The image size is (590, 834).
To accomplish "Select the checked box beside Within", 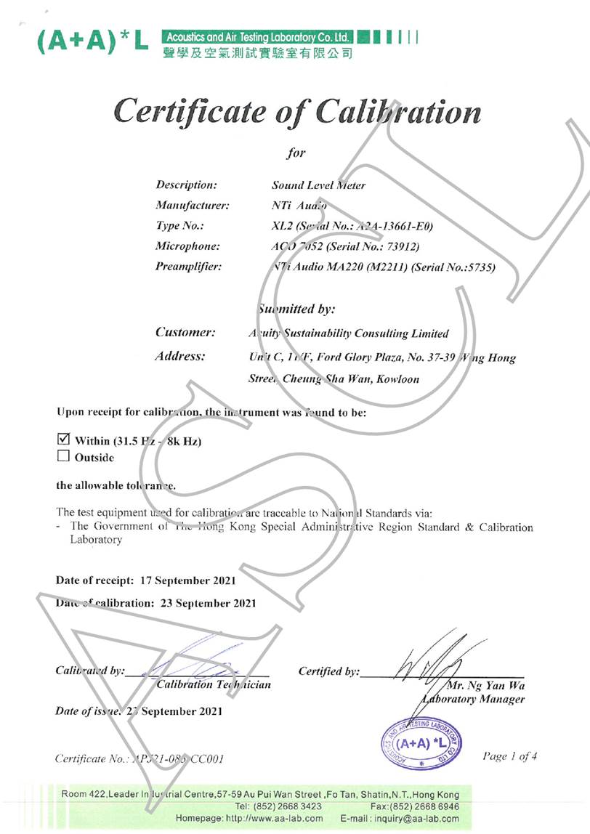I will (62, 440).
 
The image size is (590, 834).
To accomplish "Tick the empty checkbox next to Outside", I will (62, 456).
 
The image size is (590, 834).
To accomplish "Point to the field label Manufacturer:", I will (193, 206).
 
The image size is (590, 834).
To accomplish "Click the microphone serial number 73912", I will (400, 246).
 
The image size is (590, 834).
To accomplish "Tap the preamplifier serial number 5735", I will (482, 267).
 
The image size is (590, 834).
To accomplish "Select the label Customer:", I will (185, 332).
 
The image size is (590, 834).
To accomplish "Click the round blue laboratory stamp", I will (421, 742).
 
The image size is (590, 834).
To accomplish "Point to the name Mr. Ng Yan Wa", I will (487, 685).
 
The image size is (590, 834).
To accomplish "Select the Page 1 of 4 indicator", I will (509, 756).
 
